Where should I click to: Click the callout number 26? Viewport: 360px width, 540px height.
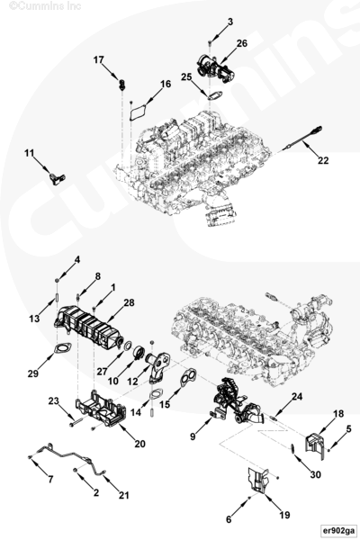(242, 43)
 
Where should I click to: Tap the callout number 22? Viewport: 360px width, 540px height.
(323, 160)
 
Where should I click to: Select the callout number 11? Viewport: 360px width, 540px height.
(30, 153)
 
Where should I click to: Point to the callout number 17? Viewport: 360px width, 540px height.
(98, 60)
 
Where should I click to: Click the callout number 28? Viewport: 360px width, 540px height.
(130, 302)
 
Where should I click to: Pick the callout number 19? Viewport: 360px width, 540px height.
(284, 515)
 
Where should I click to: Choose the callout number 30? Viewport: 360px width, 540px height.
(316, 474)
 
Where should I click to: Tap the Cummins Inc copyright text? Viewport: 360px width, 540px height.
(45, 6)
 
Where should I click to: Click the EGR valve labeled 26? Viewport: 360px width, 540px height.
(214, 67)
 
